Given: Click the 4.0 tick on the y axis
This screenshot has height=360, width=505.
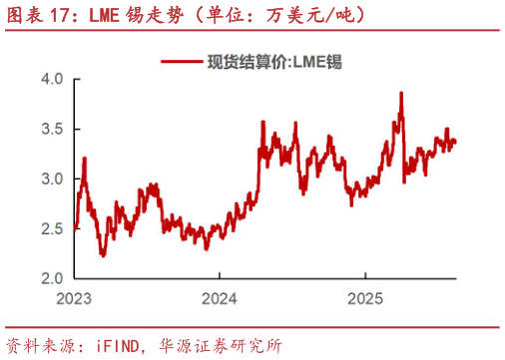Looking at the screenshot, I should [53, 79].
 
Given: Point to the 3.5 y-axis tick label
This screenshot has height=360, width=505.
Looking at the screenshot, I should [53, 129].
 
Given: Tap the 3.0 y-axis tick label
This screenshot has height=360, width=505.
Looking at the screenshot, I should [53, 179].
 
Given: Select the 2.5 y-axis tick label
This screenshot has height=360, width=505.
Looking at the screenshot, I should [53, 228].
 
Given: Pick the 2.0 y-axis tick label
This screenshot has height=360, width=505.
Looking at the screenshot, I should [53, 278].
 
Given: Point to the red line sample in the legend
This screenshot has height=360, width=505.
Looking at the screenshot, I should [183, 60].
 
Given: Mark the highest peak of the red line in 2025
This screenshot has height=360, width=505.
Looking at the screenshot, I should [401, 93].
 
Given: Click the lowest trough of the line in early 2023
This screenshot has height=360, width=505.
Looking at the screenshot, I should [103, 255].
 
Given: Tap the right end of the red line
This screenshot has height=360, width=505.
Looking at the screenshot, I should [456, 142].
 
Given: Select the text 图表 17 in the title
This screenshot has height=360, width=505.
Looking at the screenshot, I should [37, 15].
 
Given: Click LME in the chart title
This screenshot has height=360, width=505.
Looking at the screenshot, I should [107, 15].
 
